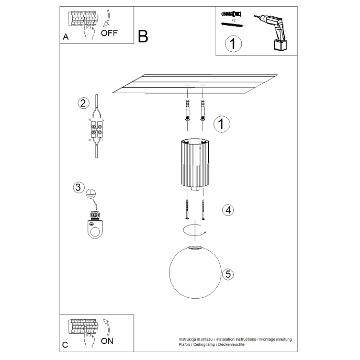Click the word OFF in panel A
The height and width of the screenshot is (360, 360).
pyautogui.click(x=109, y=32)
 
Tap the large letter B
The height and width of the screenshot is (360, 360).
pyautogui.click(x=143, y=36)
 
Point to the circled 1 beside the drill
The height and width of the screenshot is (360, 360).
pyautogui.click(x=233, y=44)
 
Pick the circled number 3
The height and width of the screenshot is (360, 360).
pyautogui.click(x=78, y=187)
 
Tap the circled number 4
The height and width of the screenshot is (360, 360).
pyautogui.click(x=227, y=210)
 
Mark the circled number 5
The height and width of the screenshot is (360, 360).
pyautogui.click(x=227, y=273)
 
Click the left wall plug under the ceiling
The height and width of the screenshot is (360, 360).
pyautogui.click(x=187, y=110)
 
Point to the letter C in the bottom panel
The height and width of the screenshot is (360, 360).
pyautogui.click(x=65, y=345)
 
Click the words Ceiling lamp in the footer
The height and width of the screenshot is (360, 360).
pyautogui.click(x=208, y=345)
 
